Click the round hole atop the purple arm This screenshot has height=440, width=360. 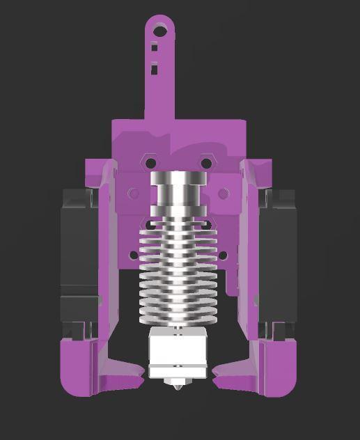coord(161,30)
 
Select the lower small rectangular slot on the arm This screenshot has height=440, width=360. coord(154,68)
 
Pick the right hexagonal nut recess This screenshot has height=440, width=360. coord(205,163)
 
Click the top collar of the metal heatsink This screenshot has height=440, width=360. coord(178,180)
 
